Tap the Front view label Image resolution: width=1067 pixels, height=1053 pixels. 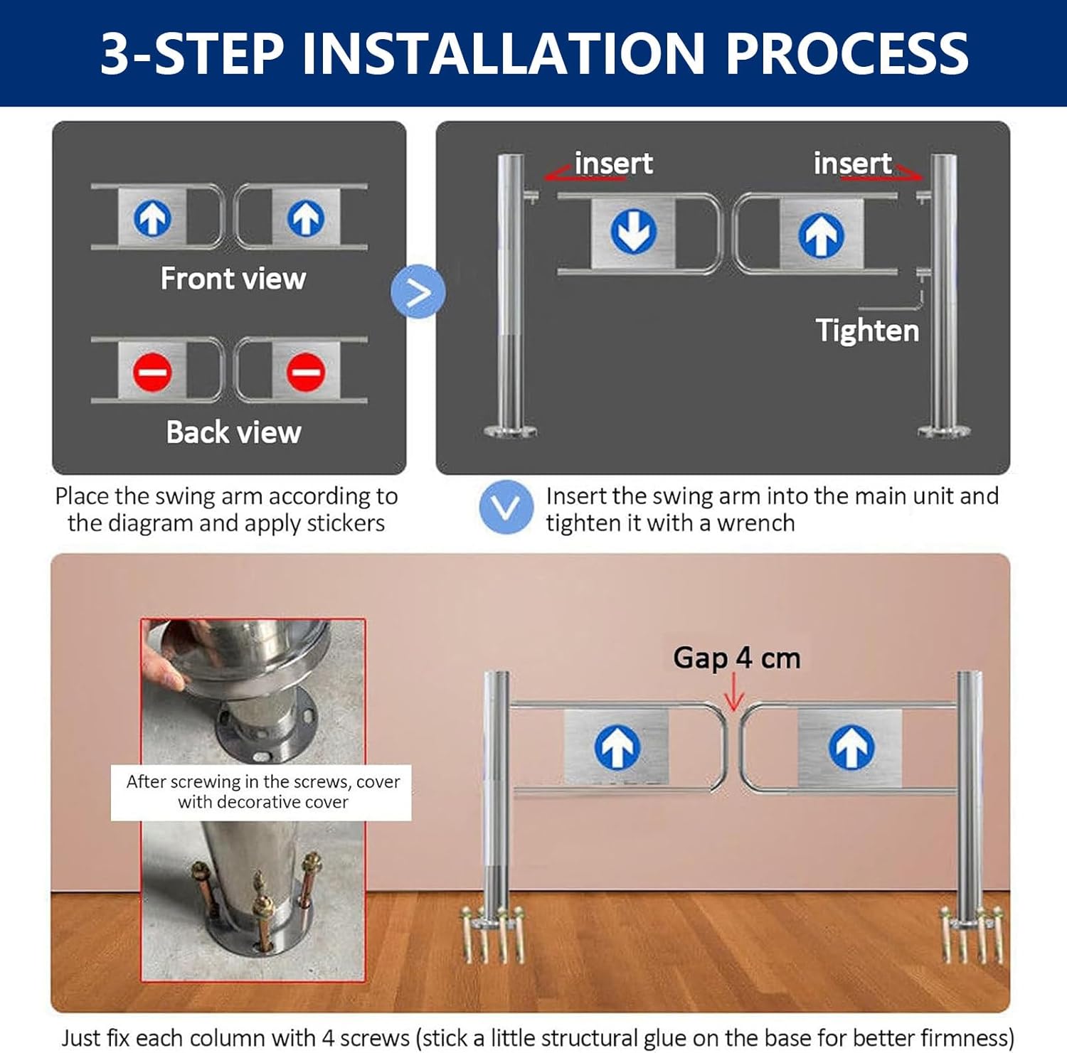(233, 279)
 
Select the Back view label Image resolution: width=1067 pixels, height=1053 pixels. (233, 432)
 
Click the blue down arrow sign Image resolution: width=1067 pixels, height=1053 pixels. (633, 231)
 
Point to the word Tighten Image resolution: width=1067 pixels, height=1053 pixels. (867, 331)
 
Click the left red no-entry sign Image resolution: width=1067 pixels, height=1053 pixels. (152, 371)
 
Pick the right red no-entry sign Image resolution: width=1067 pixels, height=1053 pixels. (306, 371)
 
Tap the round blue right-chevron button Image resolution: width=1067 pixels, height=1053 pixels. (418, 292)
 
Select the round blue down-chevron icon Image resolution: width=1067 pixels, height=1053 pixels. (506, 508)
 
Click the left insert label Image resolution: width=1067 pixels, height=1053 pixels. (613, 164)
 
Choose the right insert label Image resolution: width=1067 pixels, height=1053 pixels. (852, 164)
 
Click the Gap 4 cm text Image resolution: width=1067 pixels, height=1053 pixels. (737, 658)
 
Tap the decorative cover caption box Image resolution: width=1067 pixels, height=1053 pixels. (261, 792)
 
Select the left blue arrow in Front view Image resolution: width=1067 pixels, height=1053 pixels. (152, 218)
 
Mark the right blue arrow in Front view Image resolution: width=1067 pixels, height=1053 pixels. (306, 218)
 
